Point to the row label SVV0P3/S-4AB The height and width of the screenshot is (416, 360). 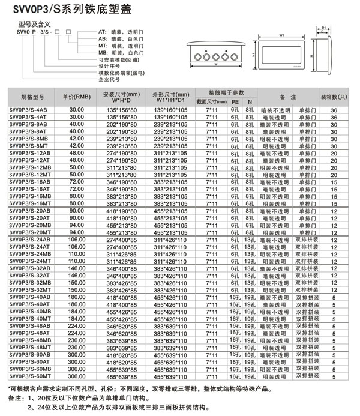(29, 110)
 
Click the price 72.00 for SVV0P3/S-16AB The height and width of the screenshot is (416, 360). (77, 181)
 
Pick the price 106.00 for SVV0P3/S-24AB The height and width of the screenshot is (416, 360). (77, 246)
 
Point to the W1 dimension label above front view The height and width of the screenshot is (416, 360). (282, 35)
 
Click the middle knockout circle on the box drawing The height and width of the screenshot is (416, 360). (214, 58)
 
